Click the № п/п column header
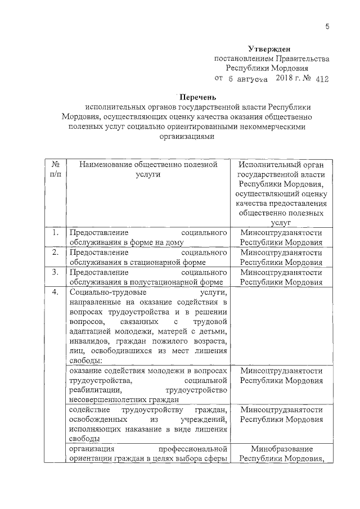55,169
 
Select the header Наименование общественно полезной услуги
148,169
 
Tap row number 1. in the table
55,233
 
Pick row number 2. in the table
55,253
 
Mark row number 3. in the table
55,272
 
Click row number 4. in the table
55,292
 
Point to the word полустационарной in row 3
167,282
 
